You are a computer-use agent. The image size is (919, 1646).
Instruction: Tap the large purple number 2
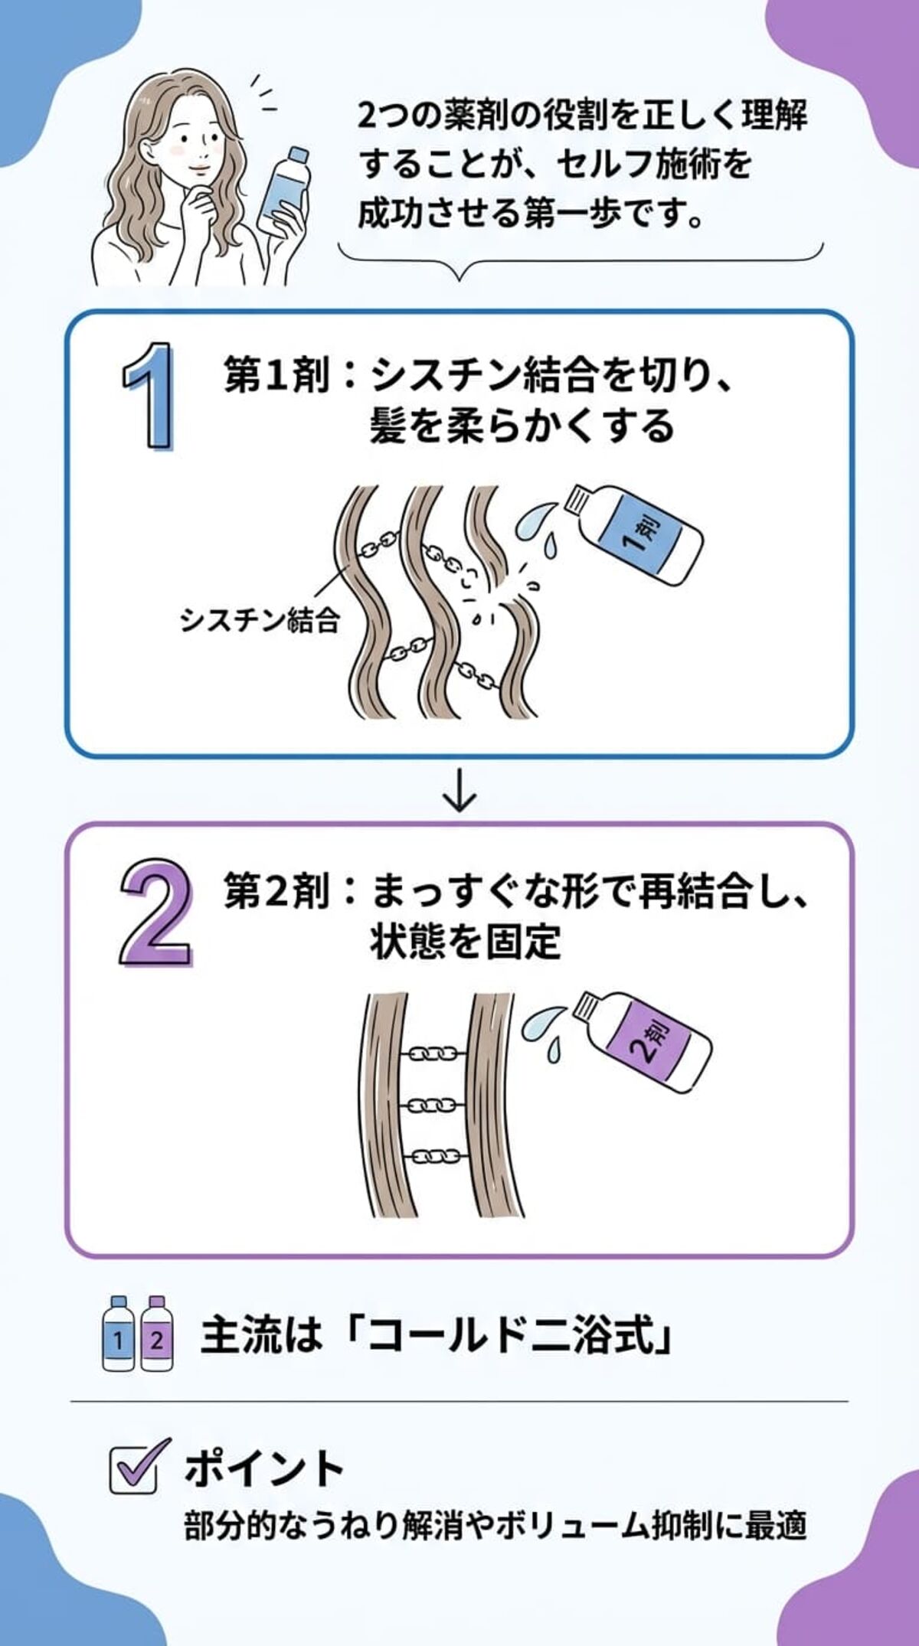155,912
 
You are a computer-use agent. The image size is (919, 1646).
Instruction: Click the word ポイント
264,1468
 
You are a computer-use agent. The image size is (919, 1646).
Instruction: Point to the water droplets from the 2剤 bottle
543,1029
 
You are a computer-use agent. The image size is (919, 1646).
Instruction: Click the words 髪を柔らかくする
521,426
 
